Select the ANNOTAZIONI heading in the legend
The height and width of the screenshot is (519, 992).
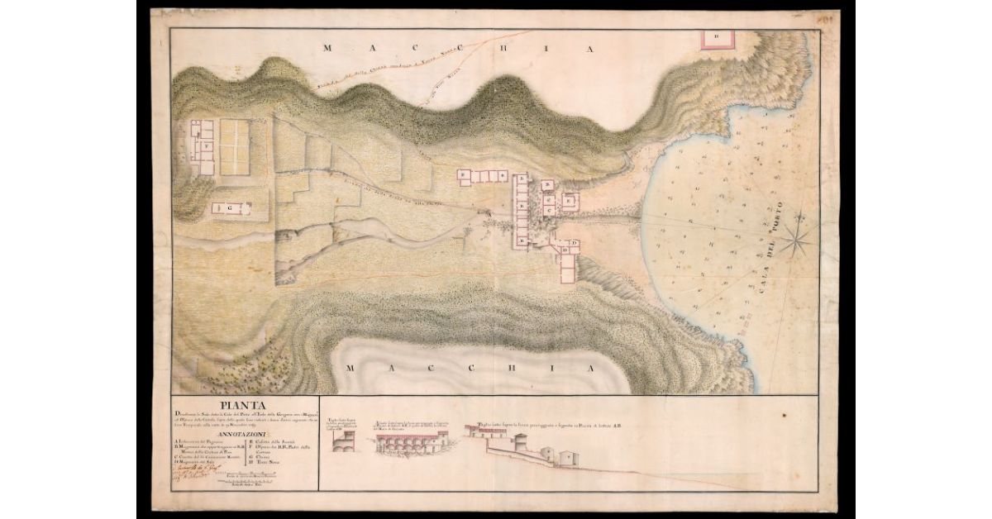tap(243, 433)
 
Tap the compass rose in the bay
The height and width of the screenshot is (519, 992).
tap(797, 240)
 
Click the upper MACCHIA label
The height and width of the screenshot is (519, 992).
tap(458, 49)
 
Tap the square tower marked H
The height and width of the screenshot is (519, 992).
tap(718, 36)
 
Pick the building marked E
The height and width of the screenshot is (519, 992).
tap(569, 201)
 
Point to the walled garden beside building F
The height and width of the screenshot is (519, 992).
tap(233, 147)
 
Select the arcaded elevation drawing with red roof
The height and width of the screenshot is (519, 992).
tap(411, 444)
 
